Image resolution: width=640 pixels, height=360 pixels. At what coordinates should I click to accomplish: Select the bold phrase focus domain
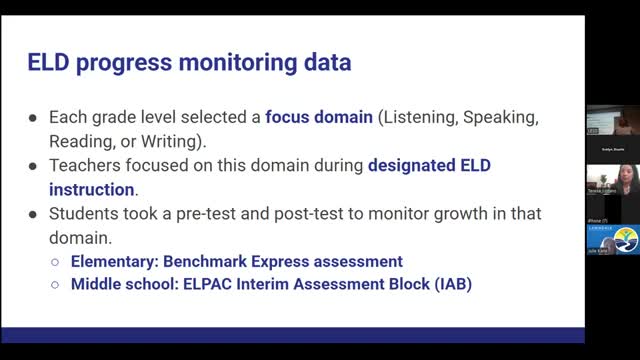pyautogui.click(x=318, y=117)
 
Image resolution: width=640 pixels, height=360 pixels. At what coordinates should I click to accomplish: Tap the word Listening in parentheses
pyautogui.click(x=417, y=117)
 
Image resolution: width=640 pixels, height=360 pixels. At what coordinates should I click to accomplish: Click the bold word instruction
pyautogui.click(x=91, y=189)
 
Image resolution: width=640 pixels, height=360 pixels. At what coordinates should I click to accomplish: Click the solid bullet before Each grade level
pyautogui.click(x=33, y=117)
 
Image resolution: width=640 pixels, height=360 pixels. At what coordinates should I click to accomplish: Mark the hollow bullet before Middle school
pyautogui.click(x=56, y=285)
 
